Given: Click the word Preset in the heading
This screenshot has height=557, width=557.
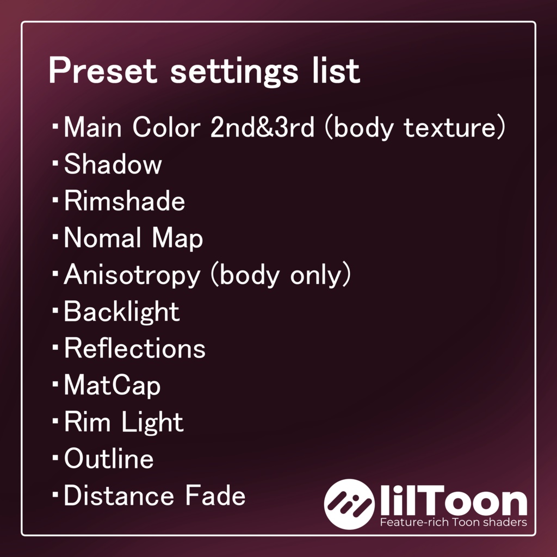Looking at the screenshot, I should (102, 71).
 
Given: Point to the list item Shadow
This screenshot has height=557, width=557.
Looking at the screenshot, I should (113, 164).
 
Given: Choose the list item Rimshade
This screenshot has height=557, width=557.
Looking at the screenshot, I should (125, 201).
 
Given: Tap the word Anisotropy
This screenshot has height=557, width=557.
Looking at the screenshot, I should (132, 276).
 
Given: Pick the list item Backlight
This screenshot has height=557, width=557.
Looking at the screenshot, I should (121, 312).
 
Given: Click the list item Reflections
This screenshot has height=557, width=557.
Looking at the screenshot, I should (134, 349).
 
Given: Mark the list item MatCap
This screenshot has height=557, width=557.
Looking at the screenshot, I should (112, 386).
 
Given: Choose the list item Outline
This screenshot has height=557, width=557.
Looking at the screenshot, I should (109, 459).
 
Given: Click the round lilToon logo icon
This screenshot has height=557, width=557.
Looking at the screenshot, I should (349, 504).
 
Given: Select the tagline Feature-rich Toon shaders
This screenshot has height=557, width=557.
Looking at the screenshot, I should (453, 523).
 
